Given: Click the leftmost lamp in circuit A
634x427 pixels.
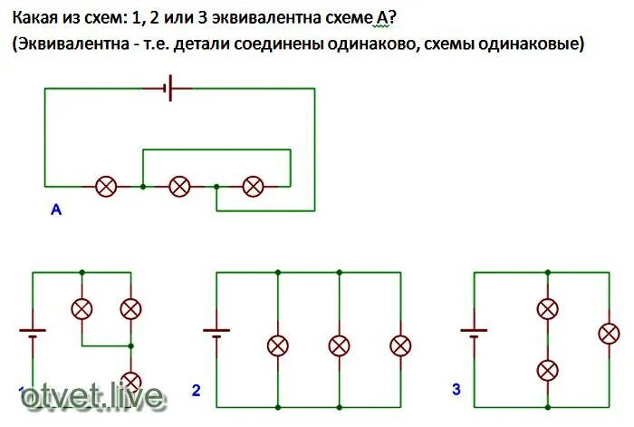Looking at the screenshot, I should pos(107,187).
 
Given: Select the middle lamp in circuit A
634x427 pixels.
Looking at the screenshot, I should pos(180,187).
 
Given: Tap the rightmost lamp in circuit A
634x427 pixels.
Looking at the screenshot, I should pos(254,187).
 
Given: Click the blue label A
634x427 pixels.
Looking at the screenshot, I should pos(55,210).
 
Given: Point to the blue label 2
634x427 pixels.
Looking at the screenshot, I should pos(196,391).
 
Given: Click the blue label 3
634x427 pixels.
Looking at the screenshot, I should pos(456,390).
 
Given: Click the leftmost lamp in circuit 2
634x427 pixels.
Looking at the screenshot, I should pos(278,345).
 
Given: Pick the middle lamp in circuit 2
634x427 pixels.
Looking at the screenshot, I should pos(339,345).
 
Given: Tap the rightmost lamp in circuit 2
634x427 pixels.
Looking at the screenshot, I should pos(400,345).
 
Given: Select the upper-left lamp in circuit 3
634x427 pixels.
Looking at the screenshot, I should pos(547,308).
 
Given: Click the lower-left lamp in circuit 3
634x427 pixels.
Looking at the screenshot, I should pos(547,369).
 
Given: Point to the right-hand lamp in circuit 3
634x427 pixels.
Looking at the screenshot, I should pos(609,333).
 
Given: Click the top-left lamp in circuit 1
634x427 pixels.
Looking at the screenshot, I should pos(82,308).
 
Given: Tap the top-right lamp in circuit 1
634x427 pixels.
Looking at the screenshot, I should pos(131,308).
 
